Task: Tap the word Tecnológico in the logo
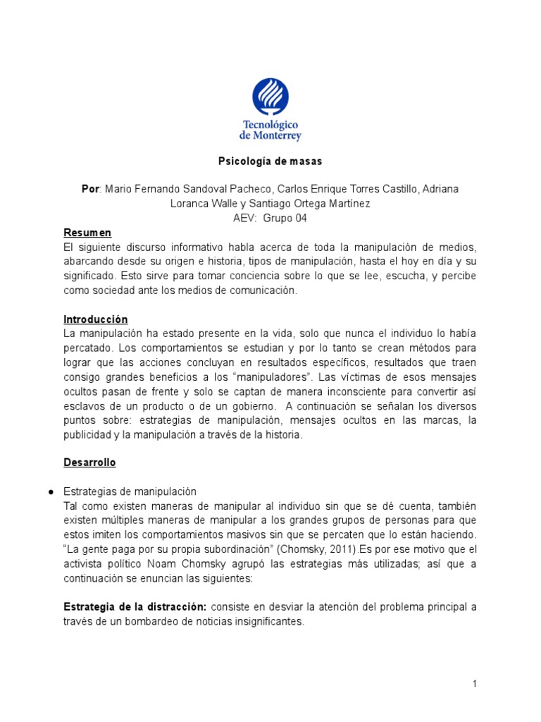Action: pyautogui.click(x=270, y=124)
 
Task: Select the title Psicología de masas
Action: pyautogui.click(x=270, y=161)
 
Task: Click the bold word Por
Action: pyautogui.click(x=91, y=190)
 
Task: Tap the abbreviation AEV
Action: pyautogui.click(x=245, y=219)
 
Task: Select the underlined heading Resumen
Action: pyautogui.click(x=87, y=233)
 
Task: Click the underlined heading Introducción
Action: pyautogui.click(x=96, y=319)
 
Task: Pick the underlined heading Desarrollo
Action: pyautogui.click(x=90, y=463)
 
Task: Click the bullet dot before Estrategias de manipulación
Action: pyautogui.click(x=42, y=492)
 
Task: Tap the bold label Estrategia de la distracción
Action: pyautogui.click(x=135, y=607)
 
